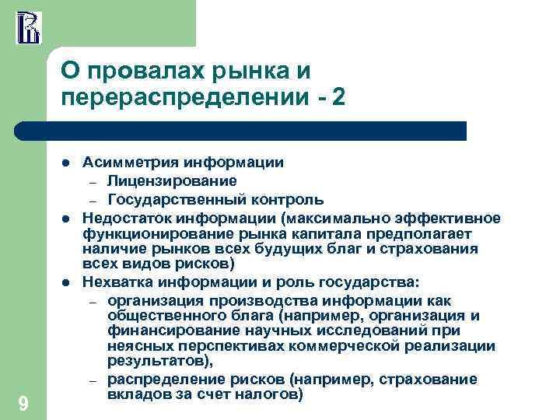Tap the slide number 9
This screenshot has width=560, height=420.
point(23,403)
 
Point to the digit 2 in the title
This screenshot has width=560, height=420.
point(337,99)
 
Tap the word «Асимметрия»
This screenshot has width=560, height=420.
point(131,163)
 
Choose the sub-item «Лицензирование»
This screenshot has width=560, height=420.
point(173,181)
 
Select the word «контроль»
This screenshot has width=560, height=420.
point(281,199)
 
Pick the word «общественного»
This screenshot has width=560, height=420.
point(163,315)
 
